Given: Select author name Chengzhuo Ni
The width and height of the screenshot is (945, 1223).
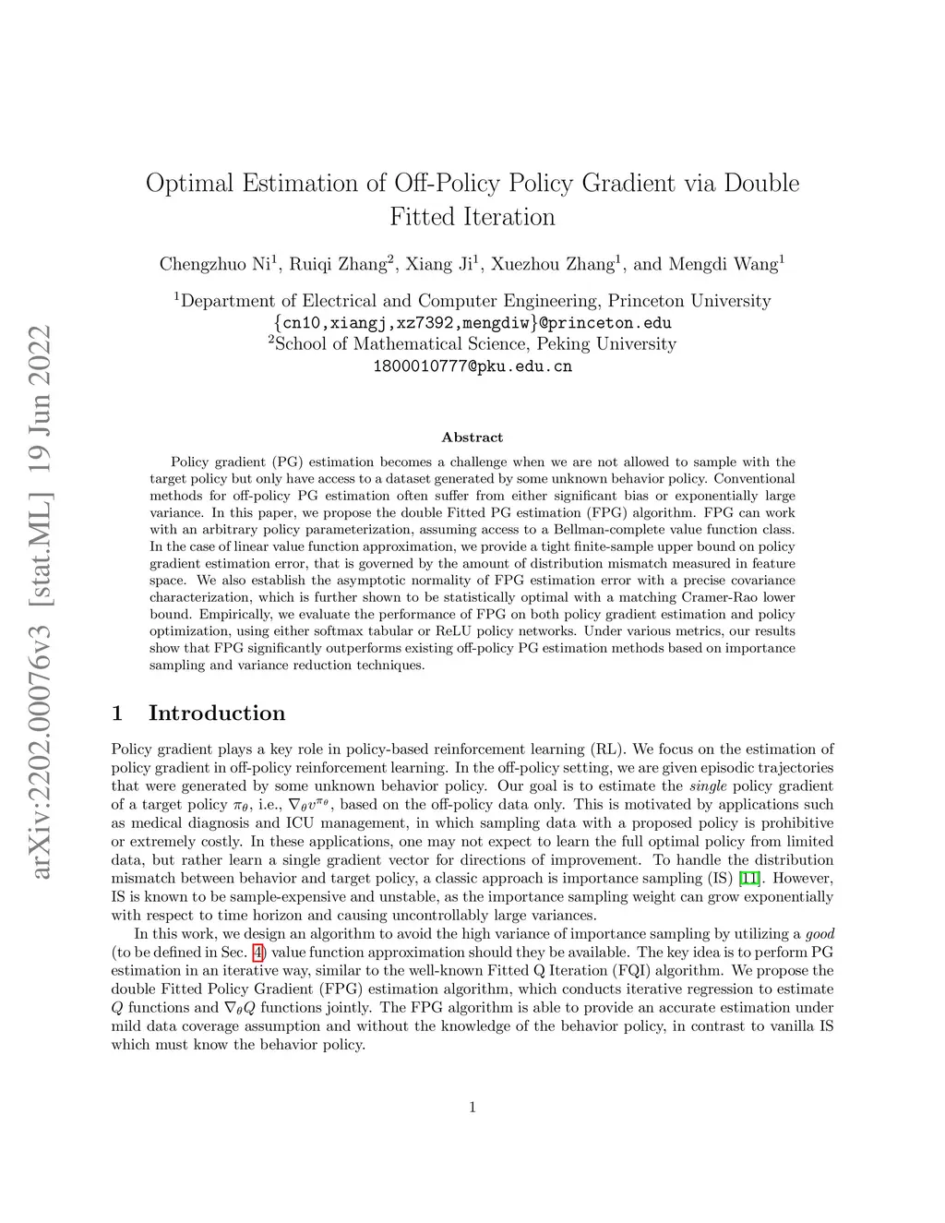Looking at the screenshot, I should coord(215,264).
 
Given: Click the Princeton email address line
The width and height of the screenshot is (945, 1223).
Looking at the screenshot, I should coord(472,323).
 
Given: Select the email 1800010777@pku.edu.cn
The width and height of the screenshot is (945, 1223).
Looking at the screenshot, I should coord(472,366).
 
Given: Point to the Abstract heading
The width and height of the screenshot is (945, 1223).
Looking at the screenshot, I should coord(472,438).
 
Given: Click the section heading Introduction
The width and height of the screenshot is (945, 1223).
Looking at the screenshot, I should coord(217,713).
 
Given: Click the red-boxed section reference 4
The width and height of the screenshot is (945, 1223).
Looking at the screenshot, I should coord(258,952).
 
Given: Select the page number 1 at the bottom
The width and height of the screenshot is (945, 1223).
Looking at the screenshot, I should coord(472,1108).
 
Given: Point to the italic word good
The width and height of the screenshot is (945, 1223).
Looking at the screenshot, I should coord(819,933).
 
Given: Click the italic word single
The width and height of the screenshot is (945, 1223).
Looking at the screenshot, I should coord(709,785).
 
